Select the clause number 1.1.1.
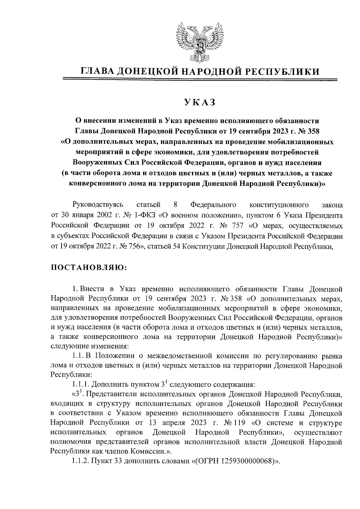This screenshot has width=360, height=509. point(81,384)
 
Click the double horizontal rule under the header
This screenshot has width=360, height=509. point(199,79)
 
